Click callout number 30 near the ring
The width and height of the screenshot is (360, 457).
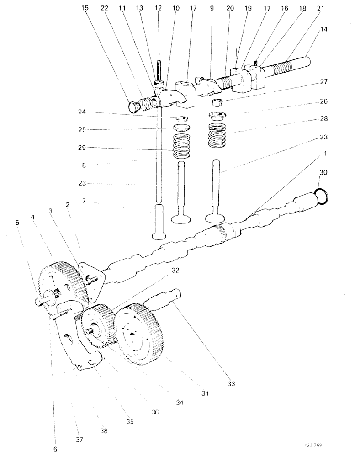pos(323,173)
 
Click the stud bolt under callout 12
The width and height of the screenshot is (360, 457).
pos(159,71)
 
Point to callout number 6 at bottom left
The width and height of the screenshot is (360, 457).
pos(55,449)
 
